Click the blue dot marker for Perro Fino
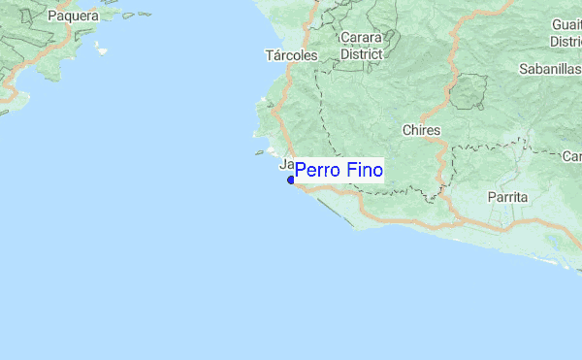click(x=291, y=180)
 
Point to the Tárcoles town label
click(x=291, y=55)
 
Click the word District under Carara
click(x=362, y=54)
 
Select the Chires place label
click(x=421, y=130)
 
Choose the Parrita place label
click(x=508, y=197)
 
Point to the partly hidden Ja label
click(x=286, y=164)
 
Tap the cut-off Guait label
click(x=565, y=25)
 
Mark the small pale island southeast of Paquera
click(x=101, y=48)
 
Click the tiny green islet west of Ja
click(x=260, y=152)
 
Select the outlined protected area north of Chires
click(x=468, y=92)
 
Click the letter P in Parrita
click(x=493, y=197)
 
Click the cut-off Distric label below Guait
click(x=565, y=42)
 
